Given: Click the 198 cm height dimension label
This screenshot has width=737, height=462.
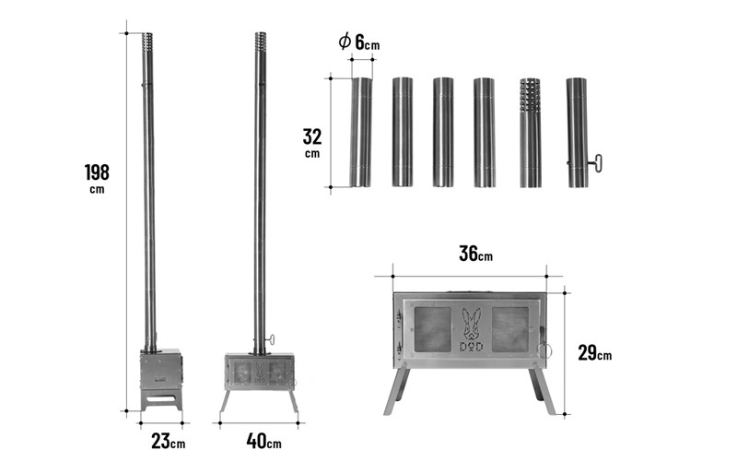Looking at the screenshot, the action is (x=97, y=178).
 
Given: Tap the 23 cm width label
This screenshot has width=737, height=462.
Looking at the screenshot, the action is (x=169, y=442).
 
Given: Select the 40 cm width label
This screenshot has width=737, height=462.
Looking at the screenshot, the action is (x=263, y=442).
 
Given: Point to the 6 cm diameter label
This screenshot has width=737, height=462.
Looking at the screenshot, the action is (x=359, y=42).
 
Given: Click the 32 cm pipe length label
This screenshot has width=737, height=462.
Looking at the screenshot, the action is (x=312, y=143).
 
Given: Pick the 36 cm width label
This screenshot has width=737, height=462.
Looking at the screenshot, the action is (x=475, y=254).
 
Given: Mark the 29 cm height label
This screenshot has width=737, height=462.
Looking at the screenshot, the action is (x=595, y=352).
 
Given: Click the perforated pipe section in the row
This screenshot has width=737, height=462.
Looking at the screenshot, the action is (x=530, y=133).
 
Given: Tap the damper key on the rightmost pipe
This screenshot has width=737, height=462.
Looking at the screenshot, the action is (x=596, y=163).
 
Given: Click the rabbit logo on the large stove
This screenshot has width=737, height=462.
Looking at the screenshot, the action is (x=471, y=325).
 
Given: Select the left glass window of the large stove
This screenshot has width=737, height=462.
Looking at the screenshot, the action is (x=432, y=330).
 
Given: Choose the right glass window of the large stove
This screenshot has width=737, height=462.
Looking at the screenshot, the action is (x=510, y=330).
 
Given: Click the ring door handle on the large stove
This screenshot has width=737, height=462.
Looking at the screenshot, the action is (x=545, y=350).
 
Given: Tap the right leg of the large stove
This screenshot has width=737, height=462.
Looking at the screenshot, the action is (x=542, y=390).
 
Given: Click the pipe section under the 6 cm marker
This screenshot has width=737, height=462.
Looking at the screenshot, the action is (x=361, y=132).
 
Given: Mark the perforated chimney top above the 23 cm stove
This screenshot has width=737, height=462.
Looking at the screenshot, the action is (x=147, y=43).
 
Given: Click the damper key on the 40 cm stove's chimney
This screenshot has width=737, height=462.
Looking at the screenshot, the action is (x=270, y=339).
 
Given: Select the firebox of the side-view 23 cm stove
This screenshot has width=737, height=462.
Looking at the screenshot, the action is (x=160, y=368).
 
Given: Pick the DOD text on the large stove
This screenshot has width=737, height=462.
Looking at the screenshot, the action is (x=471, y=347).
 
